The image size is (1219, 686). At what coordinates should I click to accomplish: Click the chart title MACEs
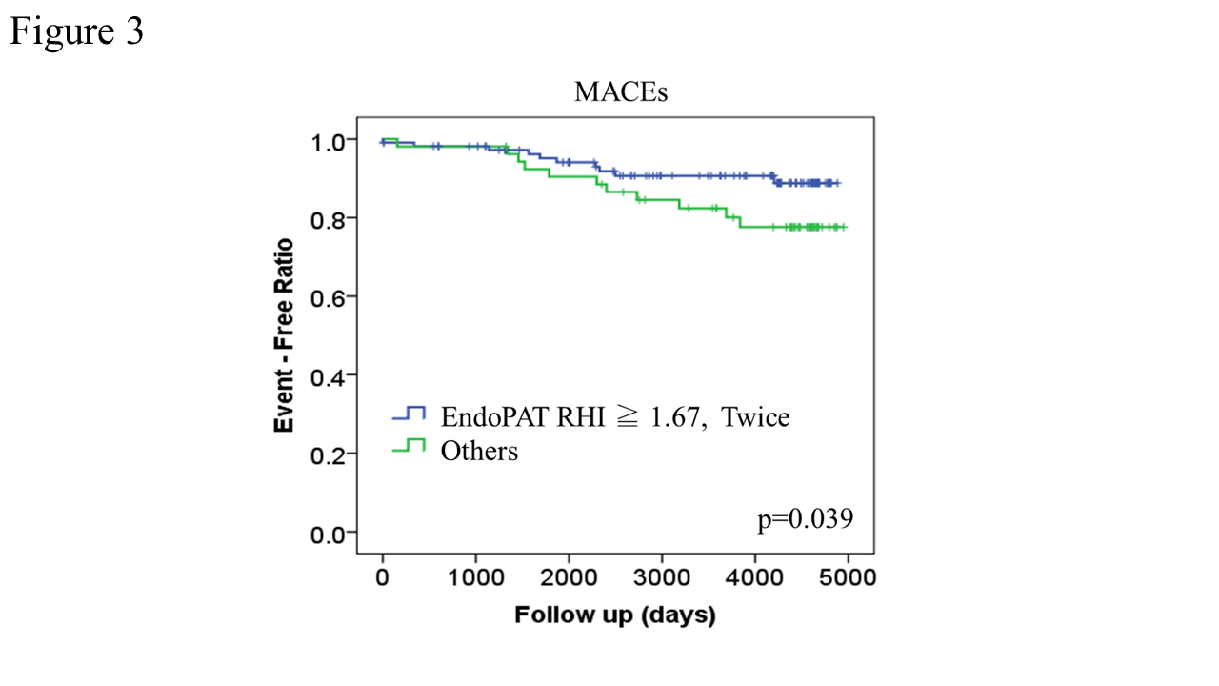click(620, 92)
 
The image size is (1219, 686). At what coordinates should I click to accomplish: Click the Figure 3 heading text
click(76, 31)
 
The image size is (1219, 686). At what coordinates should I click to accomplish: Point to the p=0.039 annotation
click(805, 519)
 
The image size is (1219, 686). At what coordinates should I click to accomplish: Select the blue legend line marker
click(410, 414)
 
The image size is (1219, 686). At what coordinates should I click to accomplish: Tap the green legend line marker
click(410, 446)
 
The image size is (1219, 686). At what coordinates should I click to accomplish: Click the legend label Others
click(479, 450)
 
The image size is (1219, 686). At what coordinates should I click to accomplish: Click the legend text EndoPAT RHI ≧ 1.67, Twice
click(614, 417)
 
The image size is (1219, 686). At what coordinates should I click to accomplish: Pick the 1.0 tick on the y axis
click(329, 141)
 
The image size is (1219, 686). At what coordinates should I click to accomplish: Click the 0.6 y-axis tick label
click(329, 296)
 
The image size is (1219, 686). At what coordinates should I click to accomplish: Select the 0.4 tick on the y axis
click(329, 375)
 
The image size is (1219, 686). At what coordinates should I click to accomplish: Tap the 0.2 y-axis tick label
click(329, 454)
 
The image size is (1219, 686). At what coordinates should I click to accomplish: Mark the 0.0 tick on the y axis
click(329, 534)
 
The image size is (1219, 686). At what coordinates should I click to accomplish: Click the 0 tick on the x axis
click(382, 577)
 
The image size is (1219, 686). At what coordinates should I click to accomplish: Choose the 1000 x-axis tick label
click(474, 577)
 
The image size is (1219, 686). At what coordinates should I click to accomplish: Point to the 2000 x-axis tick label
click(568, 577)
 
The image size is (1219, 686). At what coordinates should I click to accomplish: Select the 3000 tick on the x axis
click(661, 577)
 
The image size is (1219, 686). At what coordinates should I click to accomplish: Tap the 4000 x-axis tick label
click(754, 577)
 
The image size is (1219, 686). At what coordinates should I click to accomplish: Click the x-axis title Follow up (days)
click(614, 615)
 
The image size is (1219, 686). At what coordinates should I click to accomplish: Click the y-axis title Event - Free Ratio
click(284, 335)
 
